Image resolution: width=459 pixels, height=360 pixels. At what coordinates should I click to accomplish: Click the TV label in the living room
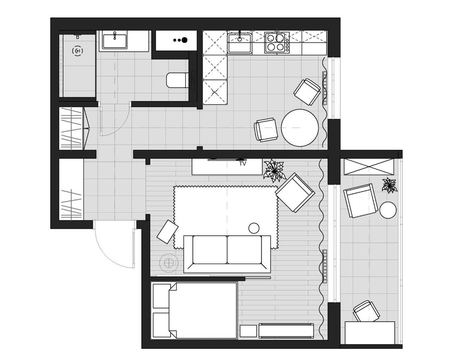[243, 163]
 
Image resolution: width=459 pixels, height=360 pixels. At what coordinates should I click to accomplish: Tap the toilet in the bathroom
[177, 80]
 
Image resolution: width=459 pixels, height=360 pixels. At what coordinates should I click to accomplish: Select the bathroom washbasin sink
[115, 41]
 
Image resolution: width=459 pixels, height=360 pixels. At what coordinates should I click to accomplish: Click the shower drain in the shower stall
[77, 51]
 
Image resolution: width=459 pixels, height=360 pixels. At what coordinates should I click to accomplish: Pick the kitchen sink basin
[240, 43]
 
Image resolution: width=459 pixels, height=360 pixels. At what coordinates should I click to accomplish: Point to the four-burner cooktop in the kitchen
[276, 43]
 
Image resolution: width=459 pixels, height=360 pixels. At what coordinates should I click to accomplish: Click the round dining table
[299, 128]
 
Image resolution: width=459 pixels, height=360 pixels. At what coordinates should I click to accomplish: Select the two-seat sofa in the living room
[227, 254]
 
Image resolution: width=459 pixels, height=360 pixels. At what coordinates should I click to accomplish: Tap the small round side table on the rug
[254, 228]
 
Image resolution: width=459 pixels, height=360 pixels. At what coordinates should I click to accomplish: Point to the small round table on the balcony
[388, 210]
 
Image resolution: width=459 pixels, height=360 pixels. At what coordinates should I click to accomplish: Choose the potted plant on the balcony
[389, 185]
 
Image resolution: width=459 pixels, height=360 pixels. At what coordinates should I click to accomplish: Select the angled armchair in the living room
[295, 193]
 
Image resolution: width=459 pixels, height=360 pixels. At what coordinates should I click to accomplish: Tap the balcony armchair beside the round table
[361, 201]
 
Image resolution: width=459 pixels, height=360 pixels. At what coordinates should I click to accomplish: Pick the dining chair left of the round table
[266, 130]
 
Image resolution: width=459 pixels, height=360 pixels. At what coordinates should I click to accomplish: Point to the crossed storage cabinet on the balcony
[369, 167]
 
